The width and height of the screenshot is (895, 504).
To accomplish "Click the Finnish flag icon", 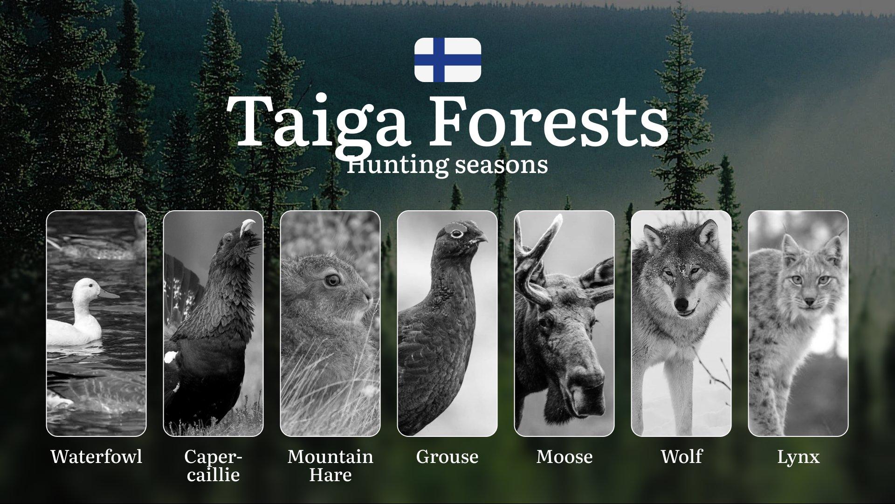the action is click(x=447, y=60).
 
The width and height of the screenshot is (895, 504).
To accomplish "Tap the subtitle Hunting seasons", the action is click(x=447, y=165).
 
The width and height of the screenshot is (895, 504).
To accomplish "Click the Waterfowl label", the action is click(x=96, y=456).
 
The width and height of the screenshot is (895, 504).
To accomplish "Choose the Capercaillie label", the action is click(x=213, y=465).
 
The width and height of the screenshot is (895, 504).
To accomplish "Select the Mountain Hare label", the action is click(x=330, y=465).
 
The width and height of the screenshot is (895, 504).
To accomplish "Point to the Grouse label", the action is click(x=447, y=456).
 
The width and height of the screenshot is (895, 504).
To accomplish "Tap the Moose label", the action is click(x=565, y=456).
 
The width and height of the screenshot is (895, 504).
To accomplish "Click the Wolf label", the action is click(x=682, y=456).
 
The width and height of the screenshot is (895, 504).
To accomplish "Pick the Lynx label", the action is click(x=799, y=457).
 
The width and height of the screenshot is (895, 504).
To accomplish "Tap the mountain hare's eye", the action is click(x=332, y=280).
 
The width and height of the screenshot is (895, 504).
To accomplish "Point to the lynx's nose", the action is click(x=809, y=302).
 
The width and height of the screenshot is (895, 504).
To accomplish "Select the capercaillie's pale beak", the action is click(x=248, y=227).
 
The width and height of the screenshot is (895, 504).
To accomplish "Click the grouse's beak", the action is click(x=482, y=238).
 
